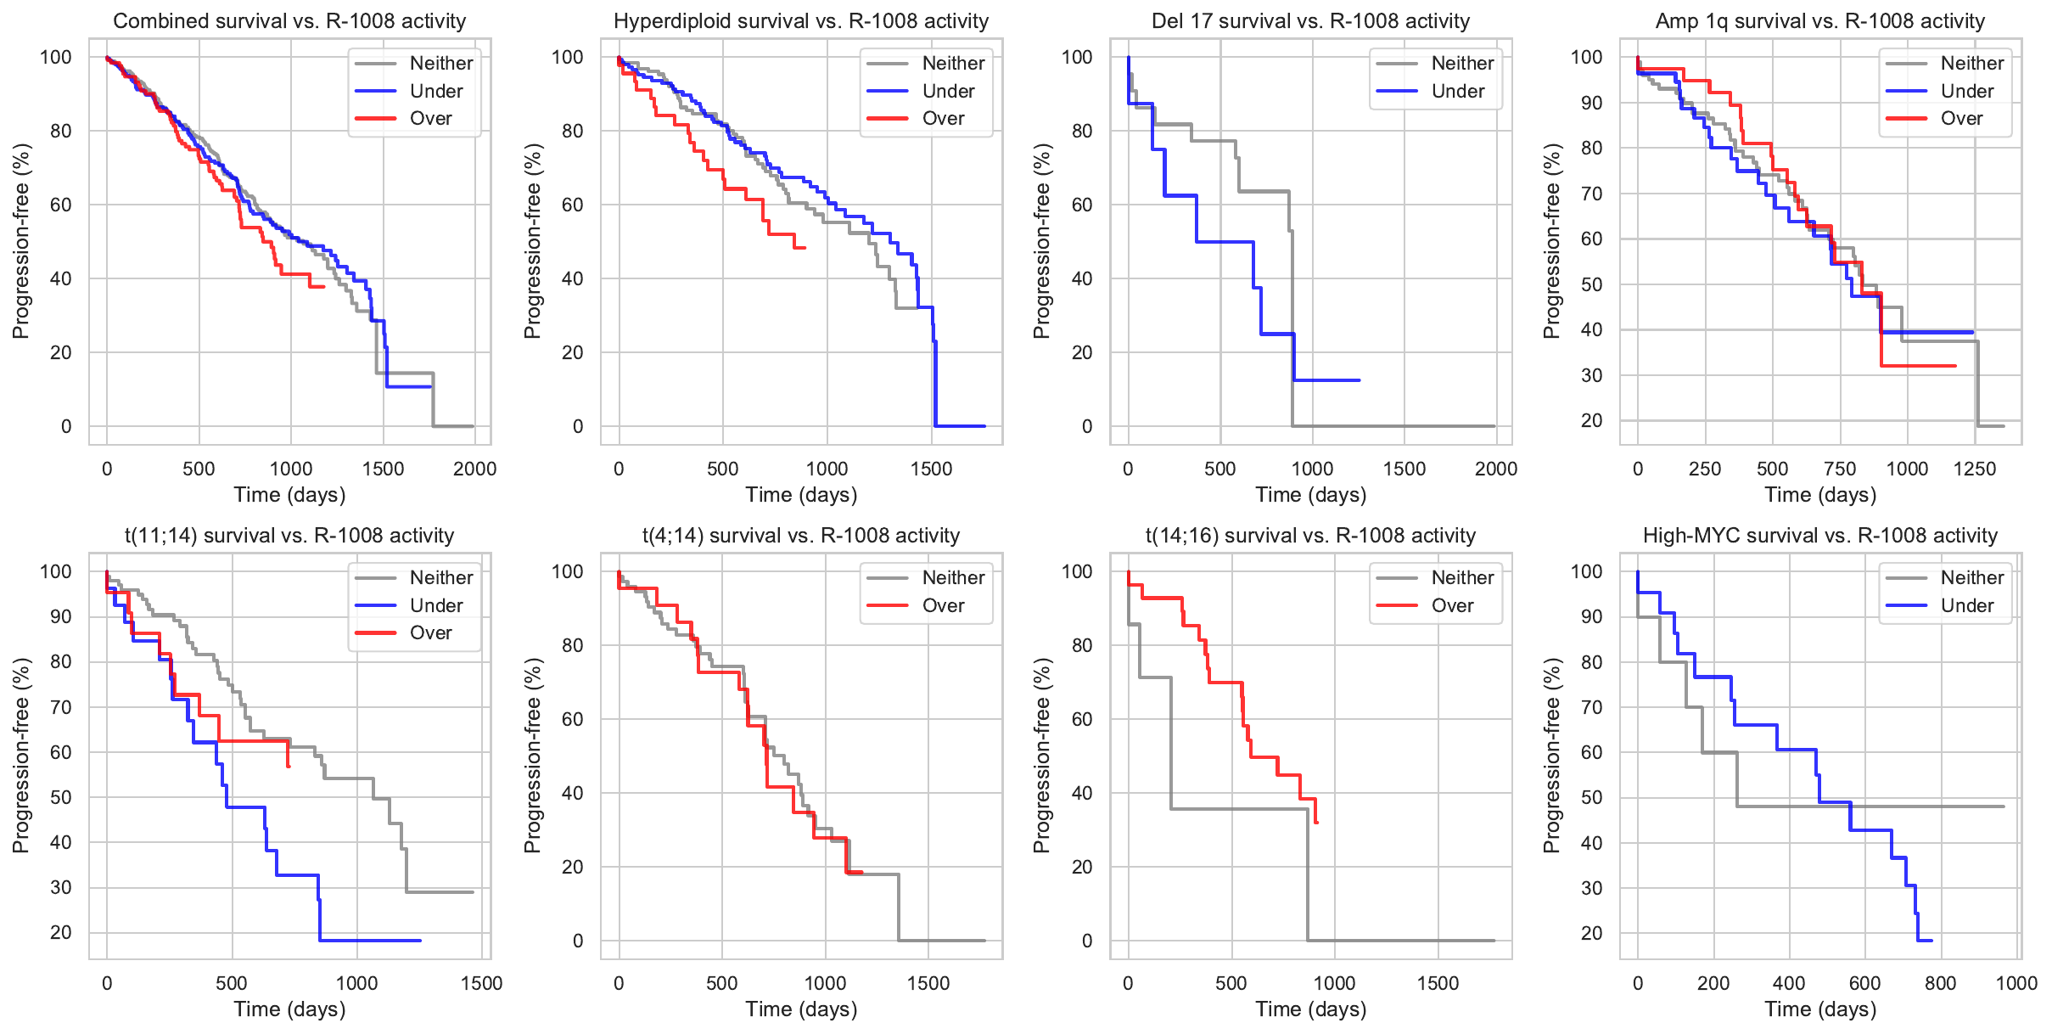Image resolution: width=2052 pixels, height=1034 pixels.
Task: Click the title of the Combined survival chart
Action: (289, 21)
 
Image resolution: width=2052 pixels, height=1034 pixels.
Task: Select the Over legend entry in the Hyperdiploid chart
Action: (943, 119)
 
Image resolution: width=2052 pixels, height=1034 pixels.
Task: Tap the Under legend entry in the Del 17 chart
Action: (1457, 91)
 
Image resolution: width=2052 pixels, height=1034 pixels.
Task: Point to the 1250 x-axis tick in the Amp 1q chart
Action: (1975, 469)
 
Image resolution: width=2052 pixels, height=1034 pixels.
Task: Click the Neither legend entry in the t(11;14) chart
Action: (440, 577)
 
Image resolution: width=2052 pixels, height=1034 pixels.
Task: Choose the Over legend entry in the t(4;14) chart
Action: (943, 605)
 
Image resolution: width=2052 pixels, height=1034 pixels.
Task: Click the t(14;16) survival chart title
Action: (1310, 536)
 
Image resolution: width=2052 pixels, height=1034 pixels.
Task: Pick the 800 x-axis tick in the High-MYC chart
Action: (1940, 983)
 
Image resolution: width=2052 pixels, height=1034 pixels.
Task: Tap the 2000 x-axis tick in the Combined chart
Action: (474, 469)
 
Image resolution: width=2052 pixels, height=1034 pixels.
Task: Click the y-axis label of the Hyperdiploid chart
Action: (532, 241)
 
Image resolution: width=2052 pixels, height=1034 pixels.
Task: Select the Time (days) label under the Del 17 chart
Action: (1310, 495)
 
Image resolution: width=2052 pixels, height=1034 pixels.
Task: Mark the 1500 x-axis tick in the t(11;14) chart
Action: (481, 983)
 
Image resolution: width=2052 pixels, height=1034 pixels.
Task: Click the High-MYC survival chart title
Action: (1819, 536)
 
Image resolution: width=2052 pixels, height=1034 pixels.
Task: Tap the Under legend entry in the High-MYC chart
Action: (1966, 605)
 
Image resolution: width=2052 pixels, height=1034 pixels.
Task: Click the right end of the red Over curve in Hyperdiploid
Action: (805, 248)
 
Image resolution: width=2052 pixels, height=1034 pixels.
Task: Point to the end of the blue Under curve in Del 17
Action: (1360, 380)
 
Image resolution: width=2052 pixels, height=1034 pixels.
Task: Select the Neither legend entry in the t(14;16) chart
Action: (1461, 577)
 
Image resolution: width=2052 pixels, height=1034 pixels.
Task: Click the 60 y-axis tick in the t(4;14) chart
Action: (573, 719)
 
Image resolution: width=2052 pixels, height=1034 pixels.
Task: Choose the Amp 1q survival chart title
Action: (1819, 21)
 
